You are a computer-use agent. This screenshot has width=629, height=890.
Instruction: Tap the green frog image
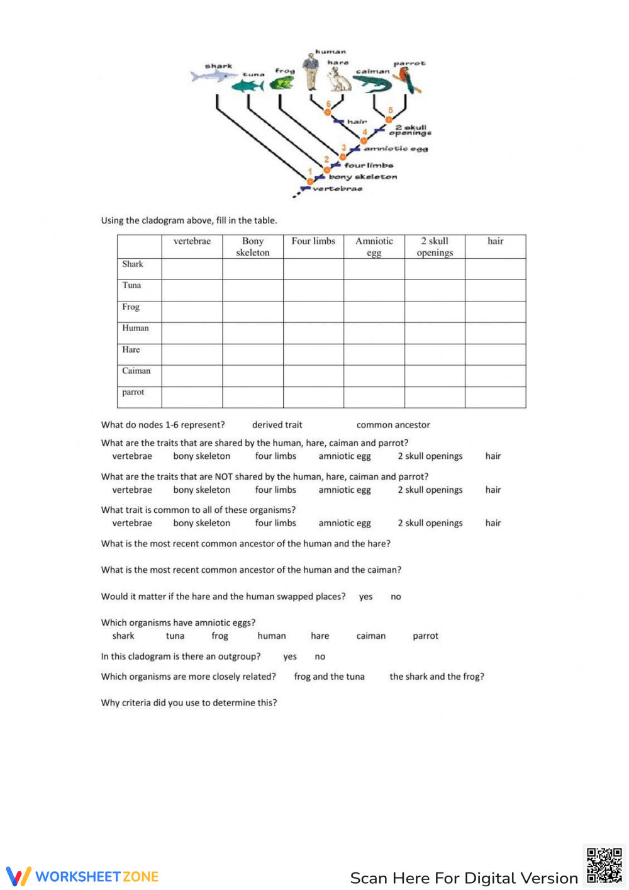click(282, 82)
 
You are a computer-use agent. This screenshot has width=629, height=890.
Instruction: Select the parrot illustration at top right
click(408, 80)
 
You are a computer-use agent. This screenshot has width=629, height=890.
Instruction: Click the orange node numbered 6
click(327, 111)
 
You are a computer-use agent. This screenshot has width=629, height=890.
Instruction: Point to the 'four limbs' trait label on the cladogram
click(368, 166)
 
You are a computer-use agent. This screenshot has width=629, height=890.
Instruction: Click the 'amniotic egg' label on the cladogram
click(396, 149)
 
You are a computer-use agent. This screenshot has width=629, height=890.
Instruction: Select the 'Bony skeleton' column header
click(252, 247)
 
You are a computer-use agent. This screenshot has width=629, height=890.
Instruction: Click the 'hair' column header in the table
click(495, 241)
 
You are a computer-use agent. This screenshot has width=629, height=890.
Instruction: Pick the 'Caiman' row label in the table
click(136, 371)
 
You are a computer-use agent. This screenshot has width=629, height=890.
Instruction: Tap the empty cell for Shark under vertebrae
click(192, 269)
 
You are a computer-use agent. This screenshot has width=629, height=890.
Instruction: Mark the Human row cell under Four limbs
click(313, 333)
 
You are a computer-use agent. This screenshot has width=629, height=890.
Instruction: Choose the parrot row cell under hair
click(495, 397)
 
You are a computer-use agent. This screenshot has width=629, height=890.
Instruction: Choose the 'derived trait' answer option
click(277, 425)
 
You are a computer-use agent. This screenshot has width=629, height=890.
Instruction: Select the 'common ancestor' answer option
click(393, 425)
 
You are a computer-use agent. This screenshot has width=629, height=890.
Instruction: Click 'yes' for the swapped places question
click(365, 597)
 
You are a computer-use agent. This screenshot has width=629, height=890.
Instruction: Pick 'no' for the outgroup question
click(320, 656)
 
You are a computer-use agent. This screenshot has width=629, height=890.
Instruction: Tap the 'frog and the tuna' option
click(329, 677)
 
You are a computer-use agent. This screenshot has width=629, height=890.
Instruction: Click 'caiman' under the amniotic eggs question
click(370, 636)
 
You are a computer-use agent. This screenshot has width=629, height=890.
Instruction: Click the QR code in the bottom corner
click(604, 865)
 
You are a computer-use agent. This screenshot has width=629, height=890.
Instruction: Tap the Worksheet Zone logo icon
click(18, 876)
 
